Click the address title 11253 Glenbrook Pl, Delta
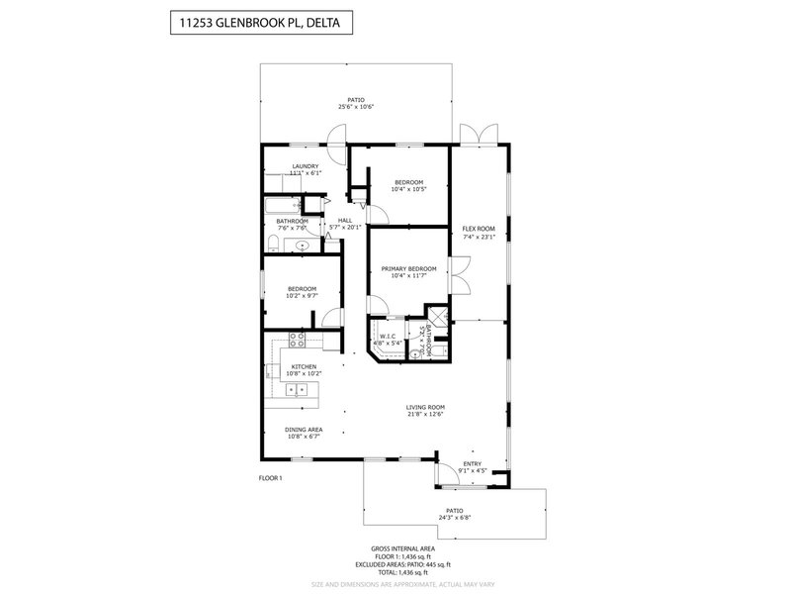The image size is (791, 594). (x=256, y=23)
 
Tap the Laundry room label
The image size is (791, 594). (x=305, y=166)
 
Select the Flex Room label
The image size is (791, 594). (x=479, y=229)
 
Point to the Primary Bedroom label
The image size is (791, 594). (x=409, y=268)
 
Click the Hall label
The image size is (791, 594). (x=345, y=221)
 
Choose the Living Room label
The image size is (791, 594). (x=425, y=407)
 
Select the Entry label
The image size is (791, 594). (x=473, y=464)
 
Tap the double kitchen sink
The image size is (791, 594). (x=297, y=389)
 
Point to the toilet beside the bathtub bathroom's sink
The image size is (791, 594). (x=272, y=243)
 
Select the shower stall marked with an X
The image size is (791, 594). (x=440, y=321)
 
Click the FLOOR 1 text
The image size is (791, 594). (x=270, y=479)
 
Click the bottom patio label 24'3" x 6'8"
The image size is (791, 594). (x=455, y=515)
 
